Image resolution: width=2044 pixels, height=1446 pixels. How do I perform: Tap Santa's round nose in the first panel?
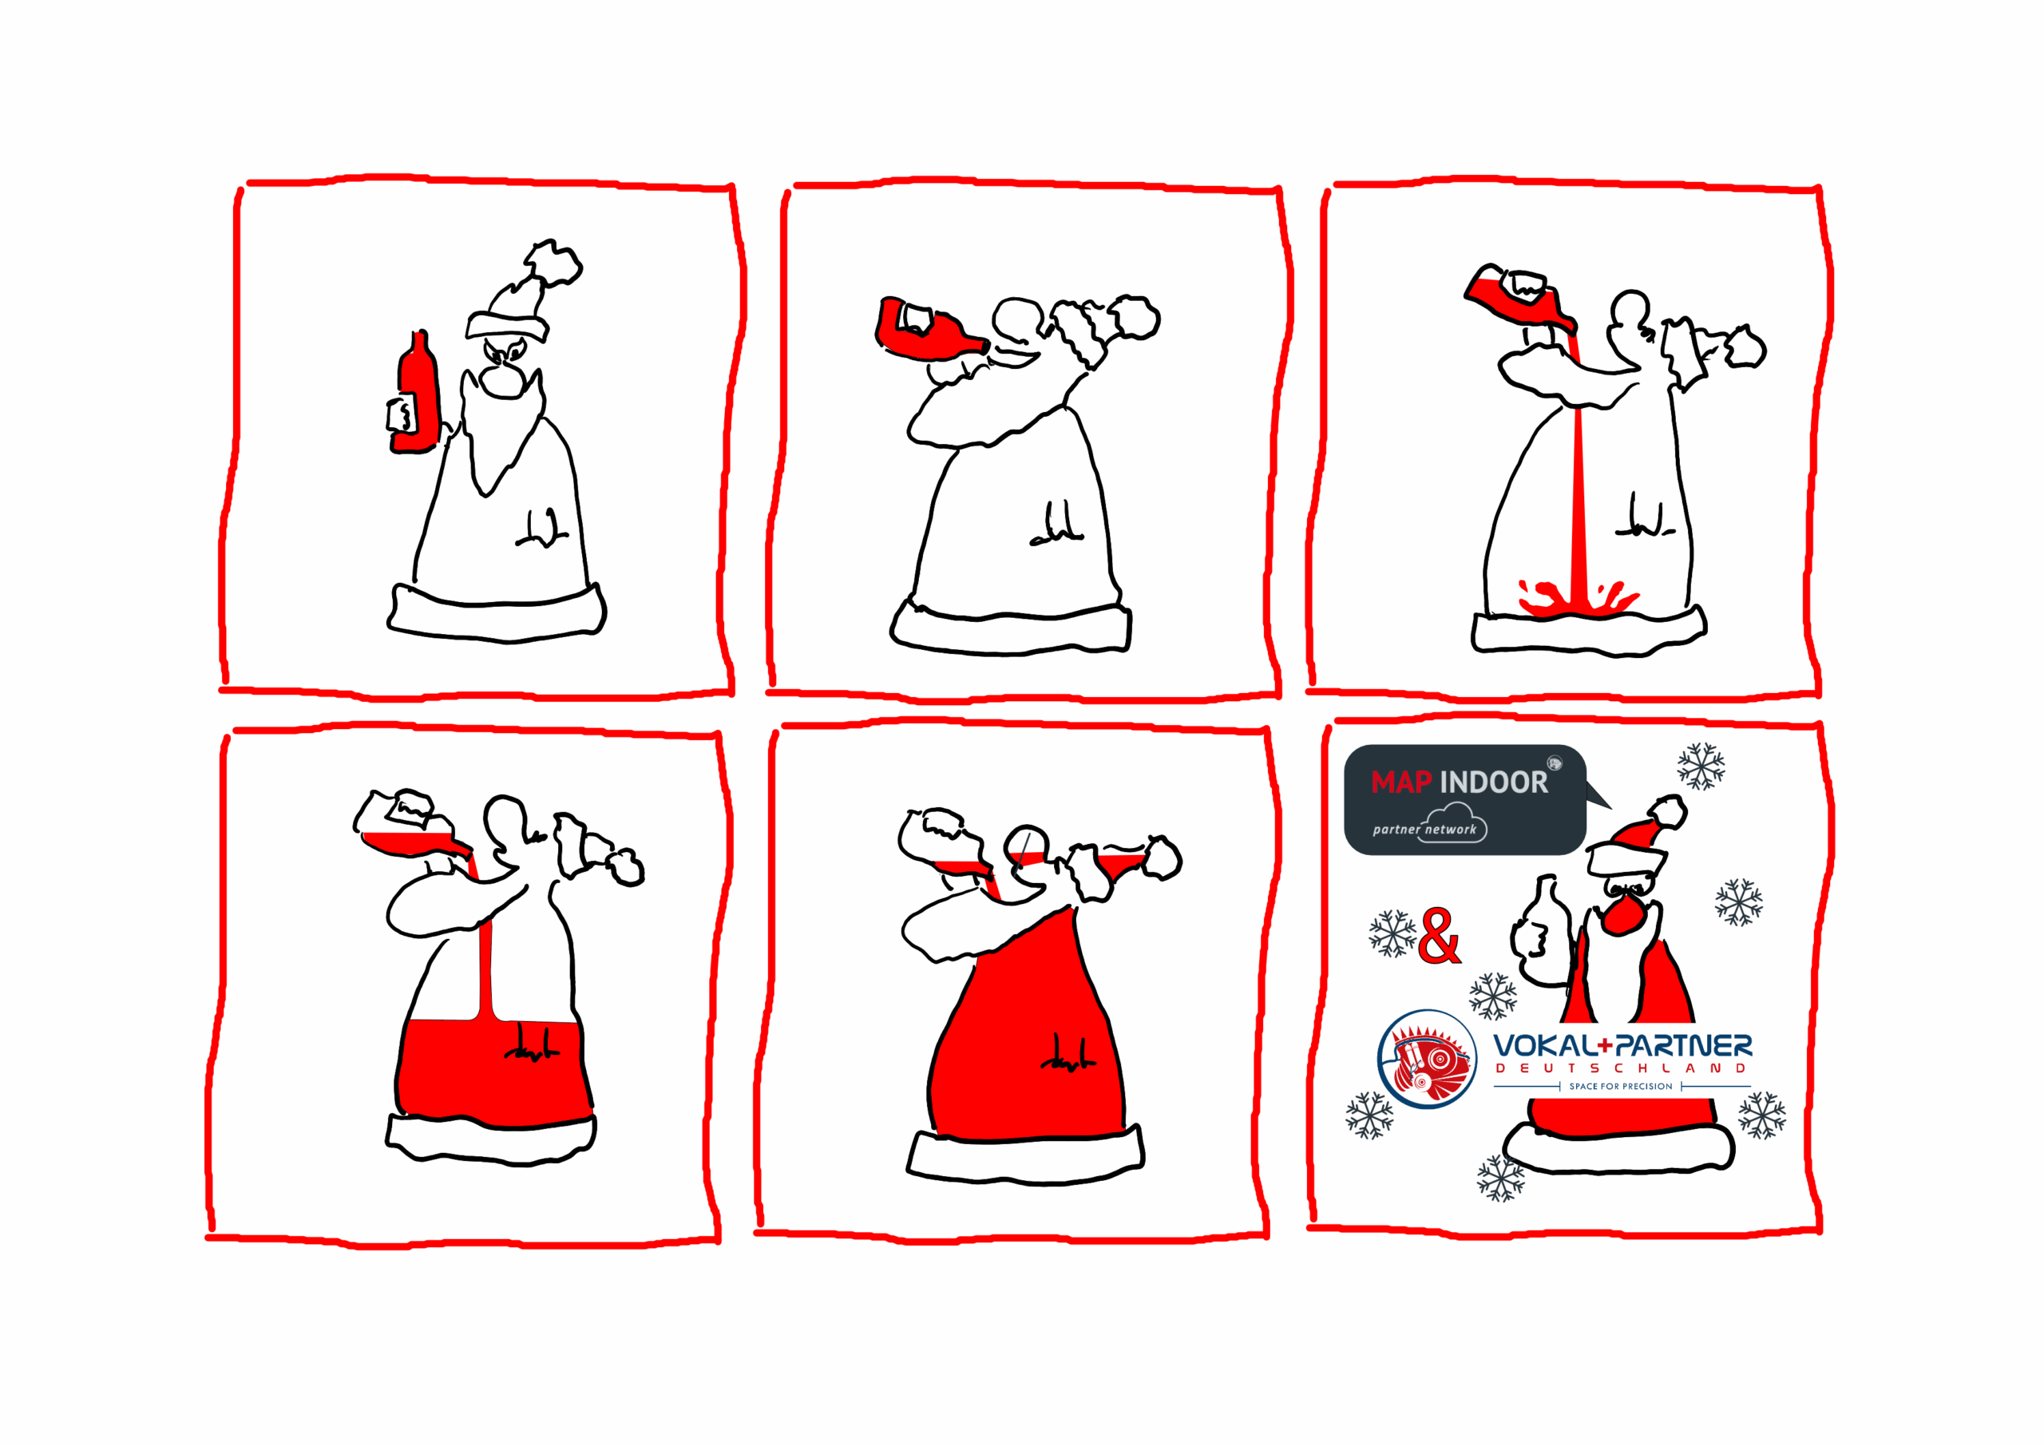pos(501,380)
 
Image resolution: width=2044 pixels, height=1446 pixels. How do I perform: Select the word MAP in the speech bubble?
pos(1400,782)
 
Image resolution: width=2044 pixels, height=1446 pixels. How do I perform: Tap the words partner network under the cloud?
pos(1424,829)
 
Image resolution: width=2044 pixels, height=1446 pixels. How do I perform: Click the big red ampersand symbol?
pos(1439,936)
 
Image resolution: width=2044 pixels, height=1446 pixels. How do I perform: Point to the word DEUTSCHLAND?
pos(1620,1068)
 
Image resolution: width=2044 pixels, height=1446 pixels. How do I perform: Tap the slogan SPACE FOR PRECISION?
pos(1620,1086)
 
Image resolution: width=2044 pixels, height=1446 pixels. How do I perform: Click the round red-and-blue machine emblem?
pos(1426,1059)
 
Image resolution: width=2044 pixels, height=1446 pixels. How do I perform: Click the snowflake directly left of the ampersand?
pos(1392,933)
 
